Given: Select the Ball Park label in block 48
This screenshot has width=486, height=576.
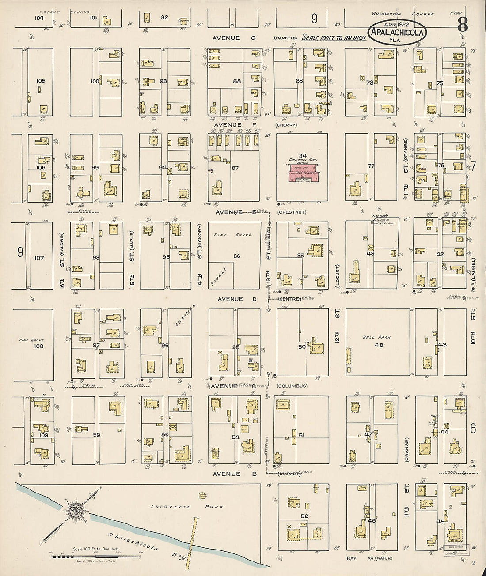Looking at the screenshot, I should coord(374,337).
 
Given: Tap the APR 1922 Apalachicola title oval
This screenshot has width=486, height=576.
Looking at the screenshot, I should coord(397,32).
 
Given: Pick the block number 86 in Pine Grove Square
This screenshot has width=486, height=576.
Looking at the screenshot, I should coord(237,256).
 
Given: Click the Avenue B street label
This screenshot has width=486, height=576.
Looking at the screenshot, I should coord(227,474).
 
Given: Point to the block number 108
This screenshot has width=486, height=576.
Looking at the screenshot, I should coord(39,346).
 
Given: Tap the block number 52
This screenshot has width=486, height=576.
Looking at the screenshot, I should coord(304,516).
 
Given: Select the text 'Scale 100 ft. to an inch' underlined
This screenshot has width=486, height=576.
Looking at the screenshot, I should coord(334,38).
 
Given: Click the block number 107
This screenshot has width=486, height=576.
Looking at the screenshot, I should coord(39,257).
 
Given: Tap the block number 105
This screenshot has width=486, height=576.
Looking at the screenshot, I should coord(41,81).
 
